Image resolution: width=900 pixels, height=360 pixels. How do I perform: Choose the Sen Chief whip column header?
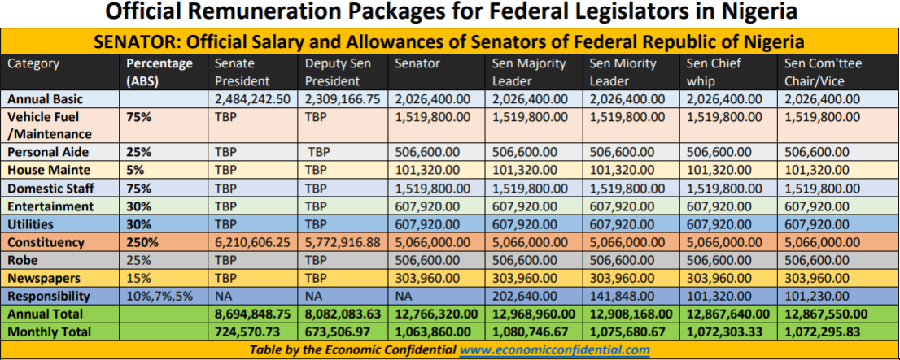(x=714, y=72)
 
